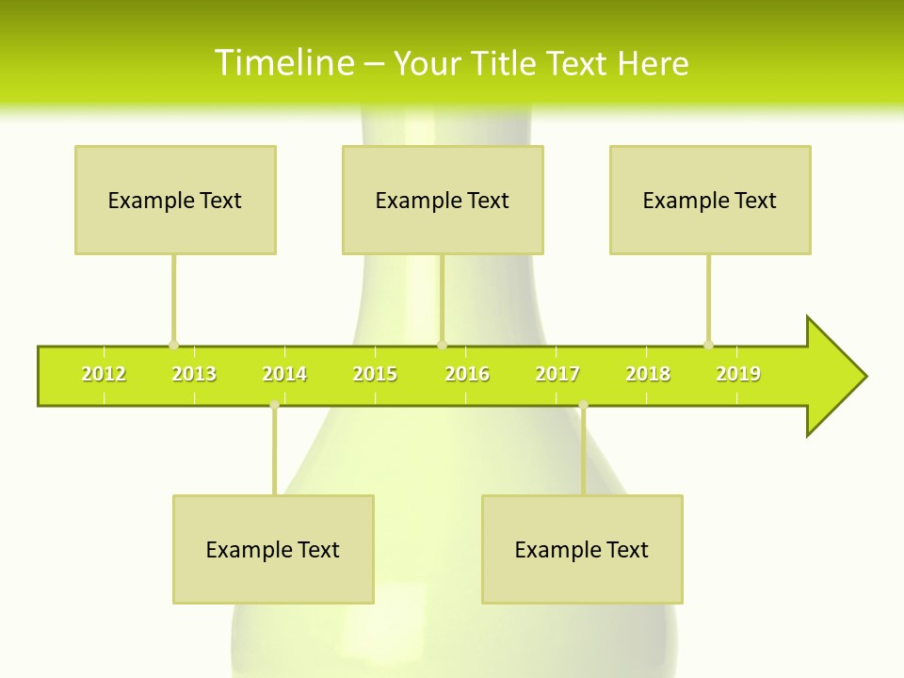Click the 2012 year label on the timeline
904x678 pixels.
[x=104, y=375]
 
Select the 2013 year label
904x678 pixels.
[x=194, y=375]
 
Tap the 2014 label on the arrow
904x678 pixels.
[x=284, y=375]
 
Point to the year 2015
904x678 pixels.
[x=375, y=375]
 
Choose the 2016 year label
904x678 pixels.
[x=467, y=375]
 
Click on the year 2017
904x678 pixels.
[x=557, y=375]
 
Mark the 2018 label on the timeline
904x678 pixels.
[x=648, y=375]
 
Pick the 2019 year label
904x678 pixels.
[x=738, y=375]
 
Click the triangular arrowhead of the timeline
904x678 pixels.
[x=834, y=377]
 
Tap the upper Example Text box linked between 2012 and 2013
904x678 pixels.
[x=175, y=200]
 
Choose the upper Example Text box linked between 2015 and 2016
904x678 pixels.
[x=443, y=200]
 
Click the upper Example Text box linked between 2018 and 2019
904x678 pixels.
[x=710, y=200]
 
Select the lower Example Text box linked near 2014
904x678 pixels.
[x=273, y=549]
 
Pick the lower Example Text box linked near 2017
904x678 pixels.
[x=582, y=549]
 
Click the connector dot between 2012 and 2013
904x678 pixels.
[x=173, y=345]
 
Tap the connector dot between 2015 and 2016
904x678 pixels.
[x=443, y=345]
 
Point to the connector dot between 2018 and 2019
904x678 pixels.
[x=708, y=345]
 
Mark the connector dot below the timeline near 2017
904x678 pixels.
[x=583, y=405]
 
